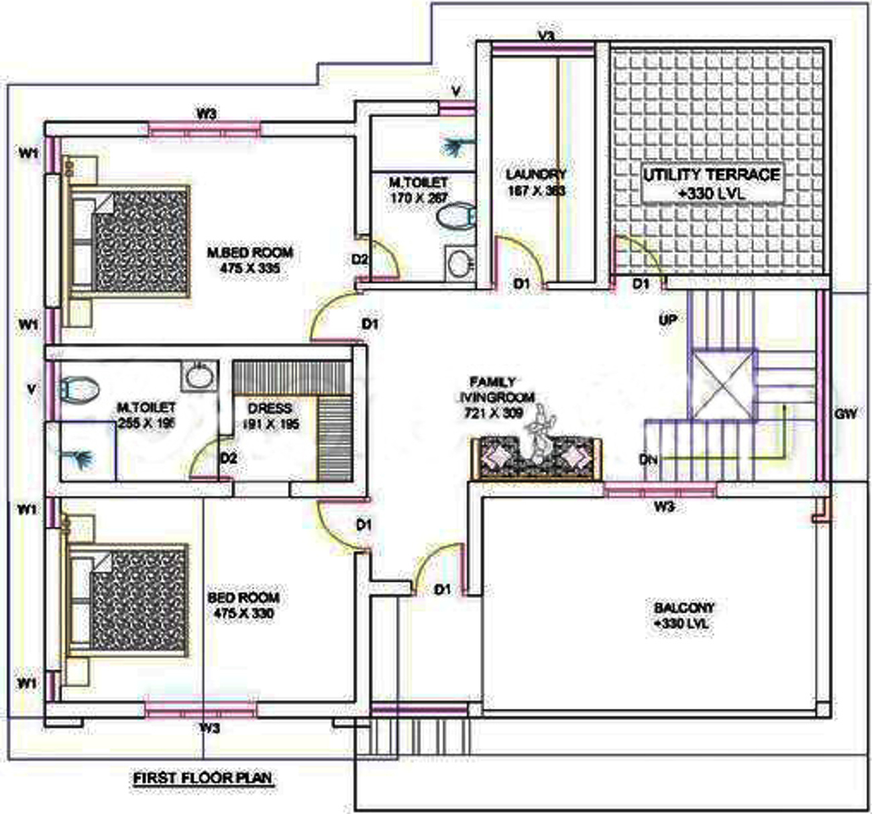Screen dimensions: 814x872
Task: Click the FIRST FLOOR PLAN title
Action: click(x=203, y=778)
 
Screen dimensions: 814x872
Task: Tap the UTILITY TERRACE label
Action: click(x=712, y=183)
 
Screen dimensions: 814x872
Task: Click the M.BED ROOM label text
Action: click(x=250, y=260)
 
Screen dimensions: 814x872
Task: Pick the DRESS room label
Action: click(x=270, y=415)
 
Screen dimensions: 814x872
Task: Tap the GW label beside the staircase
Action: click(x=846, y=413)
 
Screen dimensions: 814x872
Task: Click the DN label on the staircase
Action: click(x=648, y=460)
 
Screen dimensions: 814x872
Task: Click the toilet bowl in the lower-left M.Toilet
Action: click(x=80, y=387)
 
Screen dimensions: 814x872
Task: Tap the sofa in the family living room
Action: click(x=537, y=458)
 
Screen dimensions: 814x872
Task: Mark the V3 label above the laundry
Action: click(x=547, y=36)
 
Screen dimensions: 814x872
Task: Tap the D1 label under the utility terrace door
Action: click(x=641, y=284)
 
